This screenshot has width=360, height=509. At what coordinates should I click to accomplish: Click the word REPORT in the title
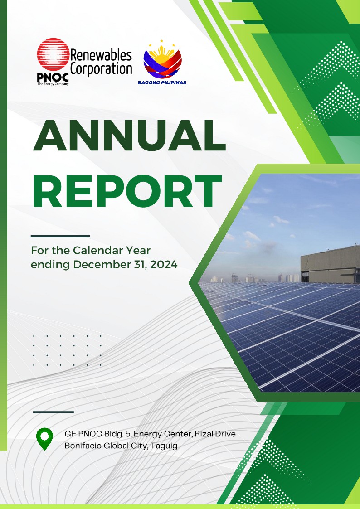(127, 191)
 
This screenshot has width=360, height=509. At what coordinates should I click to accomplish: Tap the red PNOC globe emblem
(53, 54)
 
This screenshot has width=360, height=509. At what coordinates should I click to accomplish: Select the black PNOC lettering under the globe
(53, 77)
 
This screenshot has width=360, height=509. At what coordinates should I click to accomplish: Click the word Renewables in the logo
(101, 55)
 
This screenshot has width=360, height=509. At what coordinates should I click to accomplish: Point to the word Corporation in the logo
(101, 69)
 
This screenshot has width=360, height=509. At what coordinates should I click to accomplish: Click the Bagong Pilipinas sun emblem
(163, 60)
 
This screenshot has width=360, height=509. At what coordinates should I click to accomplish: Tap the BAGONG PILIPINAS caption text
(162, 82)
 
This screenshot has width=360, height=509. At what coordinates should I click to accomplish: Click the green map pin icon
(45, 439)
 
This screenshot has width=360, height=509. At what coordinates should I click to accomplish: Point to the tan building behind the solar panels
(330, 264)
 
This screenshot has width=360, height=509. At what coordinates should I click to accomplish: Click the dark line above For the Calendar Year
(60, 236)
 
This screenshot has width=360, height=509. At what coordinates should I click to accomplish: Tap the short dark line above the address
(53, 412)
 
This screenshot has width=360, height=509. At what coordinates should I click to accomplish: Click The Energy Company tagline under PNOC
(53, 84)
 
